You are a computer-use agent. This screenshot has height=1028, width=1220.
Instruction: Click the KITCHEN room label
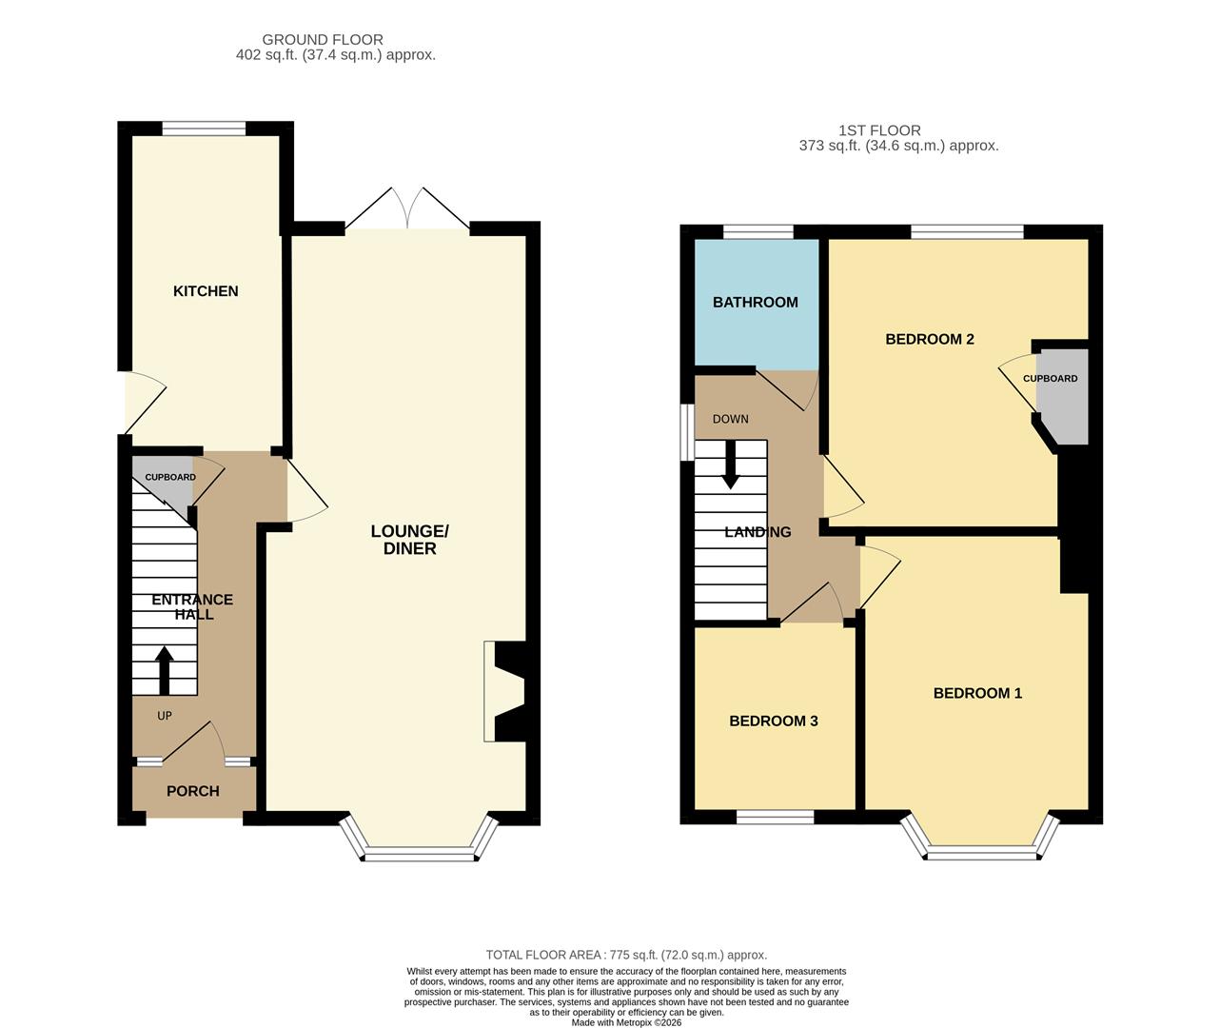point(206,291)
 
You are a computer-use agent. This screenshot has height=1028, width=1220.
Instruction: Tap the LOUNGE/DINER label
point(409,540)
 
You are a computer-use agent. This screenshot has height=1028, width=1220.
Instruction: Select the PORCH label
point(193,791)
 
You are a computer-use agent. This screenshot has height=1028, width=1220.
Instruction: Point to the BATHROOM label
point(755,302)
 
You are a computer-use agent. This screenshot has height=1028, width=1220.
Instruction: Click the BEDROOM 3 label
point(773,721)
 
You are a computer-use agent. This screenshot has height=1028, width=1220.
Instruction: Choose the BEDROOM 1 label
point(977,693)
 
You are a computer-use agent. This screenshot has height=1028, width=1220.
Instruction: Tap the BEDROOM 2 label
point(930,339)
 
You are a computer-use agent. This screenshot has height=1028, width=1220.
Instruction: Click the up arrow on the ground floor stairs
point(165,670)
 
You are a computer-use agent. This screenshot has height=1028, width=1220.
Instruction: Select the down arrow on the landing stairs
point(730,465)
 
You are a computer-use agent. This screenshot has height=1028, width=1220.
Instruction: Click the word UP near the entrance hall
point(165,716)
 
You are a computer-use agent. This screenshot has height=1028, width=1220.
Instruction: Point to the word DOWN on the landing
point(730,419)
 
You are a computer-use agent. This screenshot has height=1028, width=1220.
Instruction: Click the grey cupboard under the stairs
point(163,483)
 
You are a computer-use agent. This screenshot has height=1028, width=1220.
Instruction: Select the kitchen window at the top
point(204,128)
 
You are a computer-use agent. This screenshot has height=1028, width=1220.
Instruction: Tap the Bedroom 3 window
point(775,817)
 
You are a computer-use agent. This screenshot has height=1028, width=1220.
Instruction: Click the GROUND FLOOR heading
point(323,40)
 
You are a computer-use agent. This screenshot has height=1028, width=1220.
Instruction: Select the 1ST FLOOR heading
point(879,130)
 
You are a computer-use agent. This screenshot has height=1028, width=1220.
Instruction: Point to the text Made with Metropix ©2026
point(626,1022)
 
